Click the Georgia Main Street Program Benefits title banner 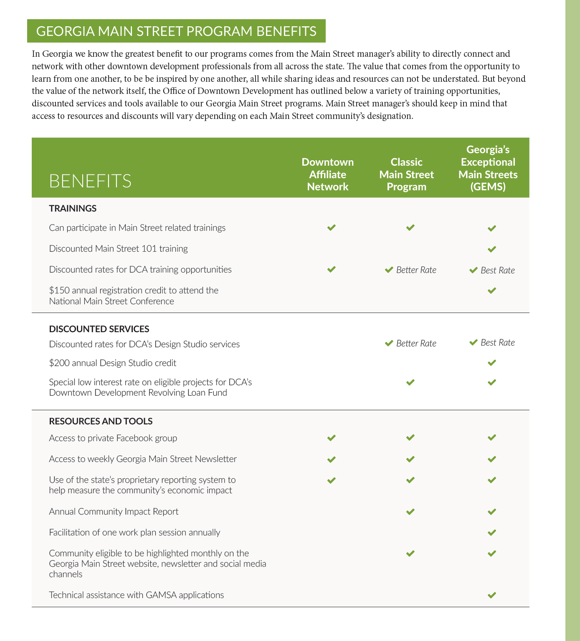[176, 31]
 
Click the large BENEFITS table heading [90, 181]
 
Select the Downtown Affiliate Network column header [327, 174]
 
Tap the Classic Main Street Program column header [406, 174]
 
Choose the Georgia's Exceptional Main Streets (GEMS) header [488, 168]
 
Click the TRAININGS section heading [73, 209]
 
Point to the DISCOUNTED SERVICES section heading [99, 329]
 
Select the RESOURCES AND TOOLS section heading [101, 421]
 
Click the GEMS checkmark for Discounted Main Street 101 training [492, 249]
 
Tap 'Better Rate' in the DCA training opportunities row [416, 270]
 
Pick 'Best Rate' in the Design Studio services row [497, 343]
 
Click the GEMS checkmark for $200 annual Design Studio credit [492, 363]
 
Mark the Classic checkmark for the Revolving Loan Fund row [410, 382]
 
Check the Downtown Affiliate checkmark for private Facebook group [332, 438]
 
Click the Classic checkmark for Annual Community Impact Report [410, 511]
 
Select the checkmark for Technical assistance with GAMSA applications [492, 595]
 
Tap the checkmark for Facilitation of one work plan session [492, 532]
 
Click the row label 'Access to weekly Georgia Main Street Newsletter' [143, 459]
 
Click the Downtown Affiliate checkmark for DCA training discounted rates [332, 269]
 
